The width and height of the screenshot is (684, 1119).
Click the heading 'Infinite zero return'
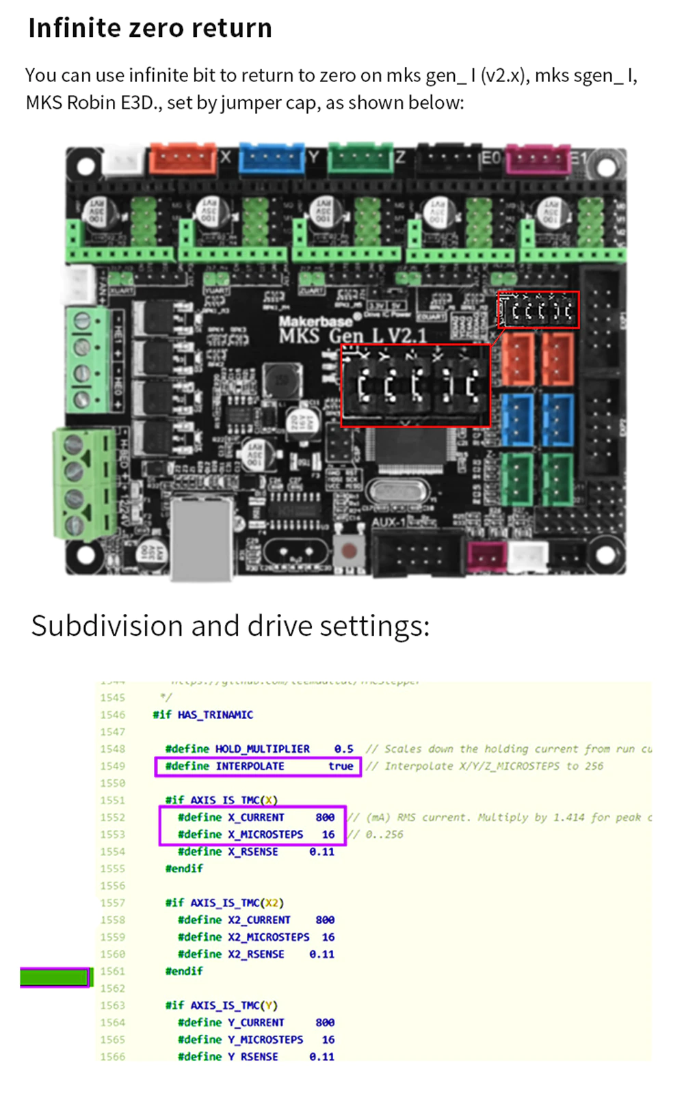(x=150, y=28)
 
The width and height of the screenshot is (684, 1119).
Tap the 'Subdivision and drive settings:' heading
(x=231, y=625)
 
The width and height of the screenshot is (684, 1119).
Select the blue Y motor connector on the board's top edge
(x=272, y=159)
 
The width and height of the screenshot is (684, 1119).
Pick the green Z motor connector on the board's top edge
(x=360, y=159)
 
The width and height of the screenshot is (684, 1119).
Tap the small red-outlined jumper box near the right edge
(x=539, y=310)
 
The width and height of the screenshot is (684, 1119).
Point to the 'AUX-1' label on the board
(x=389, y=522)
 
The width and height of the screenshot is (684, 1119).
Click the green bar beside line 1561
(x=55, y=978)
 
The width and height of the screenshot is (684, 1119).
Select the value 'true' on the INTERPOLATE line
(x=341, y=766)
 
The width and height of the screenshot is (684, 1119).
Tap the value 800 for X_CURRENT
(x=325, y=818)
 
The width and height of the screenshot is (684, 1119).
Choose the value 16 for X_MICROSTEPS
(x=328, y=835)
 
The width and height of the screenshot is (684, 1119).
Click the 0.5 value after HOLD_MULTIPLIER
(x=343, y=749)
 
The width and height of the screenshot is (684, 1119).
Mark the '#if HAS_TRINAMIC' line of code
(x=202, y=715)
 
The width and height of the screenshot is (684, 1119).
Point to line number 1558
(x=113, y=920)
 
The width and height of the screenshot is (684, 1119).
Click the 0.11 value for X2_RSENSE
(x=321, y=954)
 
